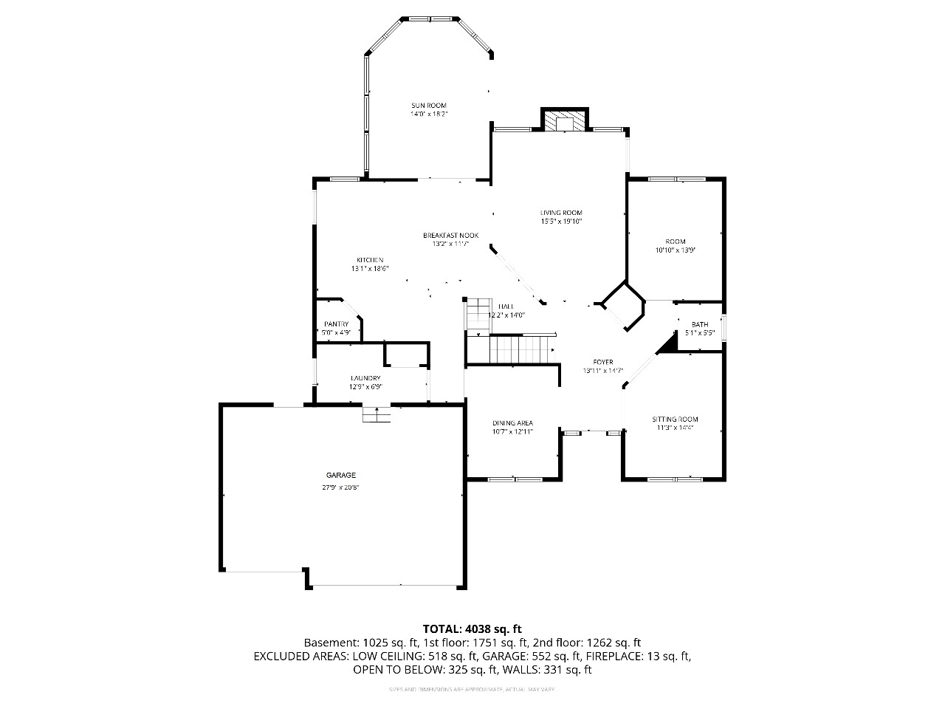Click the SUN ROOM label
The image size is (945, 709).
(429, 106)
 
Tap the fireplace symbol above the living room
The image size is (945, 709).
(566, 120)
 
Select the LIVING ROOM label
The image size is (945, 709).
(561, 213)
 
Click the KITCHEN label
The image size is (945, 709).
(370, 260)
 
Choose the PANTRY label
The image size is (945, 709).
(336, 324)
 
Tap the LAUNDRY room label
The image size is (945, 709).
(365, 378)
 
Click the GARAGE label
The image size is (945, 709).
(341, 475)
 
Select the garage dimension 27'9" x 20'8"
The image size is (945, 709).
(341, 487)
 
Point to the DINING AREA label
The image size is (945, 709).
(512, 423)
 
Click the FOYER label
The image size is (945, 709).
(603, 362)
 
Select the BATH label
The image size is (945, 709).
(699, 324)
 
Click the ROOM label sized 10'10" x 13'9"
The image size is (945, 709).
(675, 242)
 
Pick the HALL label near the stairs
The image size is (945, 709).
(506, 306)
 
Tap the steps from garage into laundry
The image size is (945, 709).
(377, 415)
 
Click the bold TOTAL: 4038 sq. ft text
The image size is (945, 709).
(472, 628)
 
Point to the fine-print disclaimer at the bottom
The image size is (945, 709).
(472, 690)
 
